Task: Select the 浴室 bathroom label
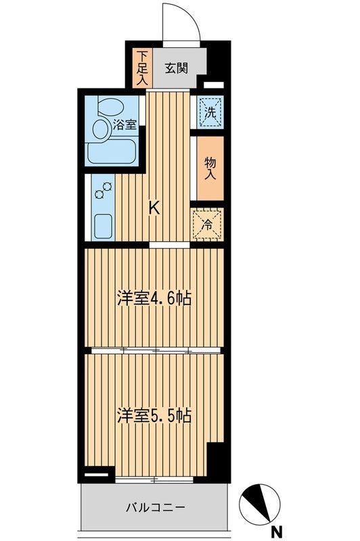click(125, 124)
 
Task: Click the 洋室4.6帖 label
click(152, 299)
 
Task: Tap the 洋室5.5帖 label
click(152, 415)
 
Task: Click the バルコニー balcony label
click(155, 507)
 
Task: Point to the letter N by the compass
click(276, 531)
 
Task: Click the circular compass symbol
click(259, 503)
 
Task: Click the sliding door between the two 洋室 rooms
click(156, 350)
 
